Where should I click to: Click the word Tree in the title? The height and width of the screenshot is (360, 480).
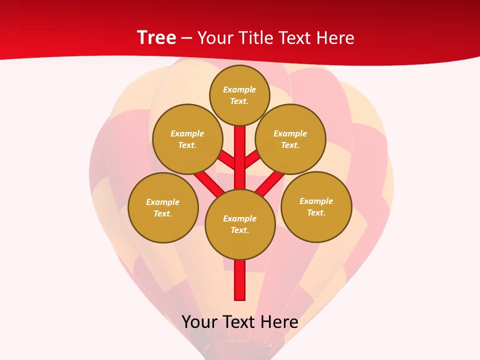point(156,37)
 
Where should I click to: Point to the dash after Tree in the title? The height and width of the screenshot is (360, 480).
point(186,38)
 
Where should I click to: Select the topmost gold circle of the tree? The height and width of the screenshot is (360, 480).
point(239,95)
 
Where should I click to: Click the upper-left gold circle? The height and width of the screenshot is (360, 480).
point(187,139)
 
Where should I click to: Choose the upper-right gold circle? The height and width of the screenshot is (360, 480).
point(290,139)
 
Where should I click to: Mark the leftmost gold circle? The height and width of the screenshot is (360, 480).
point(163,207)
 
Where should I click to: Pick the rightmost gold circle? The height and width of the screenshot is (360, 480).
point(316,206)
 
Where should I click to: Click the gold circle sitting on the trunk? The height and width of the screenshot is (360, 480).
point(240,224)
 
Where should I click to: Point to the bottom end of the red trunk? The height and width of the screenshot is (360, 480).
point(240,297)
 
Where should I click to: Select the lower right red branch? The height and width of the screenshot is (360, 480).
point(269,183)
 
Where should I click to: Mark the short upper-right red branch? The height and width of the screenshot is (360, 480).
point(251,159)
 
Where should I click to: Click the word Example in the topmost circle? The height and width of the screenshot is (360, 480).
point(239,89)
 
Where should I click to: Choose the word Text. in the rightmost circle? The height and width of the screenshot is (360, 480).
point(316,212)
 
